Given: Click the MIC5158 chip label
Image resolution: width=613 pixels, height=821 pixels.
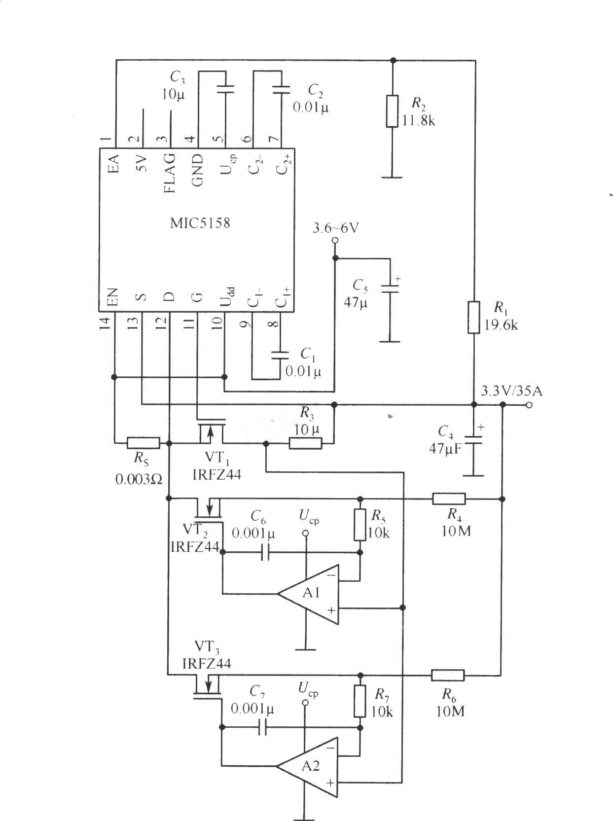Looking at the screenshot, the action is [200, 223].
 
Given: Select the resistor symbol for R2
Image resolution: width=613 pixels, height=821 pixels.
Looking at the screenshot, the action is [392, 111].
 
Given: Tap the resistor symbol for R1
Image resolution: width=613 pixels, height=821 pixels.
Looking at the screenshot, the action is [474, 318].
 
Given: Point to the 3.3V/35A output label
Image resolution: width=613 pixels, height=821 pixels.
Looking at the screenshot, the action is [511, 392].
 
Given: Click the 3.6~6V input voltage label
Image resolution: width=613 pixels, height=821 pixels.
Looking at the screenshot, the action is [335, 228].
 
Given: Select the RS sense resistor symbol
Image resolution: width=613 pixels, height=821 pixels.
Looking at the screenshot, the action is [143, 443].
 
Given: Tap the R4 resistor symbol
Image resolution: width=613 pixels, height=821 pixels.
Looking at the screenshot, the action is [449, 499].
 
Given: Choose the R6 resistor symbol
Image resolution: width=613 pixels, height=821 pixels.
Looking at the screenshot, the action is [448, 675].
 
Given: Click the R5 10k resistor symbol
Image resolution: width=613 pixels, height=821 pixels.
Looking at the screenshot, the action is [360, 524].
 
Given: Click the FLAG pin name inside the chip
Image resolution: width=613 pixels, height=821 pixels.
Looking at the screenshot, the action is [170, 173].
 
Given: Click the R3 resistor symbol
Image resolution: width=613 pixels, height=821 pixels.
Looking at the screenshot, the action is [305, 444].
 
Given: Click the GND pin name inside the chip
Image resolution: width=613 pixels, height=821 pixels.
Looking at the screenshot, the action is [197, 170].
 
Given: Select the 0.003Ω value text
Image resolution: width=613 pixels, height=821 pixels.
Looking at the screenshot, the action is [139, 479].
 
